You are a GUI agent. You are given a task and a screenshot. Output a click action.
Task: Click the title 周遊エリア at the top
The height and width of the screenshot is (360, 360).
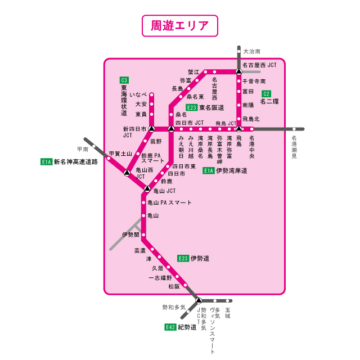click(180, 25)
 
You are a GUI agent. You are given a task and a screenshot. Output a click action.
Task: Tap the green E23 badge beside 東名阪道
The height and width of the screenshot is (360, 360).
click(192, 107)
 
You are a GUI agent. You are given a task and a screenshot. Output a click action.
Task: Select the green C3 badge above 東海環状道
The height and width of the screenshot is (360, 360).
click(124, 80)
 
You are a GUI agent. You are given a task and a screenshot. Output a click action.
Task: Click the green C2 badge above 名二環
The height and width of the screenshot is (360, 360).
click(267, 93)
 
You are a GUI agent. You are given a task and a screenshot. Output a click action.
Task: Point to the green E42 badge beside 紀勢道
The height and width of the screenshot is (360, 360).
click(170, 327)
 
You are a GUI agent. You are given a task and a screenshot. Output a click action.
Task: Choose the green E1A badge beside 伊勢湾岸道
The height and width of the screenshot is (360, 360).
click(208, 170)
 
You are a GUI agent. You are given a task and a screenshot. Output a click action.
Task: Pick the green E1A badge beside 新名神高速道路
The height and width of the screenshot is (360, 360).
click(46, 161)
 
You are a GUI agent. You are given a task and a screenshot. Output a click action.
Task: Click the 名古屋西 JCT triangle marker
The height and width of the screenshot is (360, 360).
click(239, 72)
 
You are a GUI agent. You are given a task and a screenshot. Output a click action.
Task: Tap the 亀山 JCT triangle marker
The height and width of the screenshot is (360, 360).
click(147, 189)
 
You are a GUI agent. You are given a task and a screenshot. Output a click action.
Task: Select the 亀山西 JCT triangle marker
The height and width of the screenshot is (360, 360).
click(127, 172)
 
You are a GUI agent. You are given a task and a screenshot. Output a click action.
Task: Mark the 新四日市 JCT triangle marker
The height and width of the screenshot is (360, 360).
click(151, 129)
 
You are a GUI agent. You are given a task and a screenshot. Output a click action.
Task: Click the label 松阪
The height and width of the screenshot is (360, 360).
click(174, 286)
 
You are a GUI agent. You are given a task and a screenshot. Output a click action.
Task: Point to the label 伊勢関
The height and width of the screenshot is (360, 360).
click(129, 234)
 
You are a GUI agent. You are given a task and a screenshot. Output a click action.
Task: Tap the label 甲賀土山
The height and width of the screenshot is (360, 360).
click(120, 153)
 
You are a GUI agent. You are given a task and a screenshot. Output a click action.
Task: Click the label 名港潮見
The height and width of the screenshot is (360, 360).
click(294, 147)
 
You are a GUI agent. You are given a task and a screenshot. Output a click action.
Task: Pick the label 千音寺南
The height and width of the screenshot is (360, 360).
click(254, 82)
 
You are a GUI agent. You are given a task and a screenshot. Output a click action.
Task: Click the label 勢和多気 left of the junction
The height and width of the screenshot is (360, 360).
click(174, 307)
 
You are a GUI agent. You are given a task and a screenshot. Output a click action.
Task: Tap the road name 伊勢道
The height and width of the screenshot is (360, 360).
click(200, 258)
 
